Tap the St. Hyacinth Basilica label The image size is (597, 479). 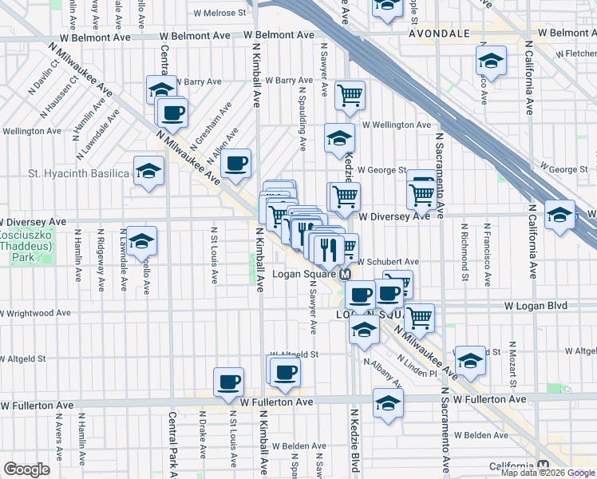tap(66, 173)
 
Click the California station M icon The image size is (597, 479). tap(544, 466)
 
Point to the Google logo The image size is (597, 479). tap(26, 469)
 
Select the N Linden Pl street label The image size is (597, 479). tap(420, 374)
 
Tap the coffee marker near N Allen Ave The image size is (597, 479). tap(235, 164)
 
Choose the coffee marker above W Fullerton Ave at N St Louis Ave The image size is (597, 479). tap(228, 382)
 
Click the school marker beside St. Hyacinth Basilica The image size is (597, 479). tap(148, 171)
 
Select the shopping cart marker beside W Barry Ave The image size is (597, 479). tap(350, 95)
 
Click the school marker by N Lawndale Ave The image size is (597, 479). tap(141, 241)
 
